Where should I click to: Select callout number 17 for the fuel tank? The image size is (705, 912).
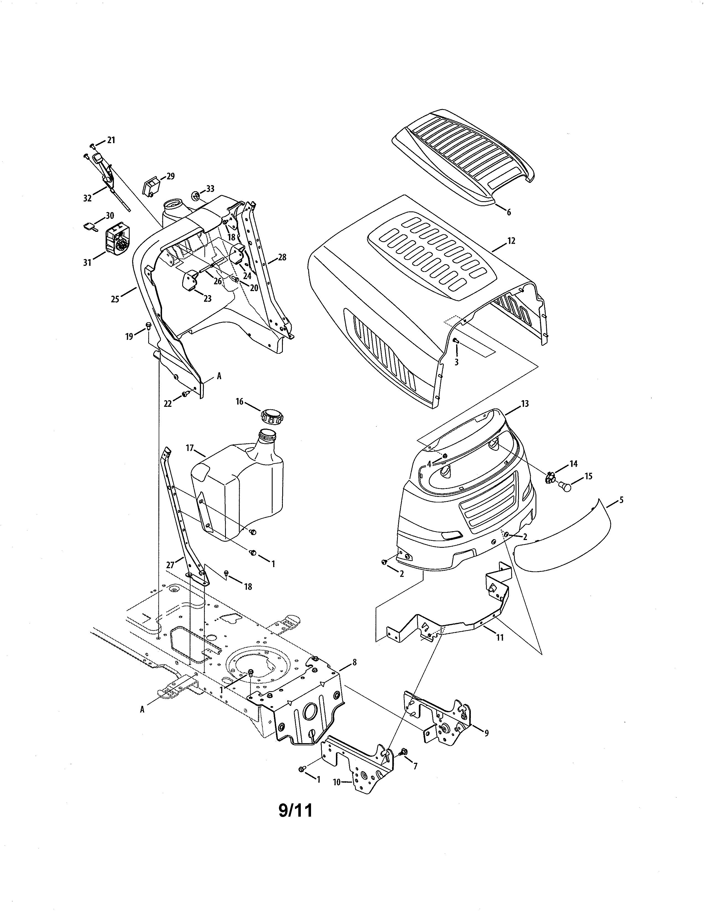pos(190,448)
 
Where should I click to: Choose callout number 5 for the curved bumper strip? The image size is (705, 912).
pos(621,499)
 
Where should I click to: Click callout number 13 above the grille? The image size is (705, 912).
pos(524,403)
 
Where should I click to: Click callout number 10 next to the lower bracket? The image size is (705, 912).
pos(337,782)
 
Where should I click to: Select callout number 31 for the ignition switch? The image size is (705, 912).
pos(87,263)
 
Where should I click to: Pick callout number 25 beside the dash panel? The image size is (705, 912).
pos(115,299)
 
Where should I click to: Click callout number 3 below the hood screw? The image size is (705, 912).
pos(456,363)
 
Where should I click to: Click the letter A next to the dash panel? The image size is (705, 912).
pos(219,376)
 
